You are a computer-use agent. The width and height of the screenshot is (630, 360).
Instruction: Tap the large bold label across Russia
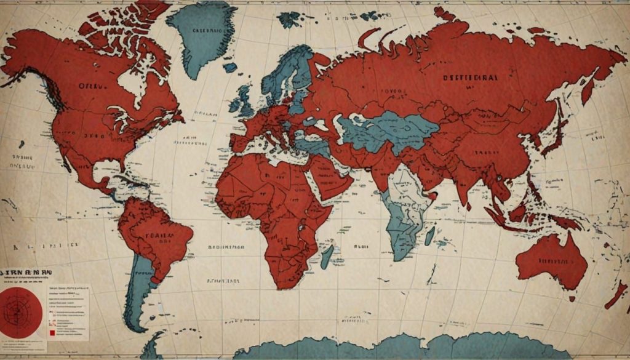[471, 78]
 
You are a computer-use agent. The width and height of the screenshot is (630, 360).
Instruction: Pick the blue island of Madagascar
[327, 256]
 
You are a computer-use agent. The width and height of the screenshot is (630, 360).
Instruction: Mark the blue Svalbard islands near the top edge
[289, 19]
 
